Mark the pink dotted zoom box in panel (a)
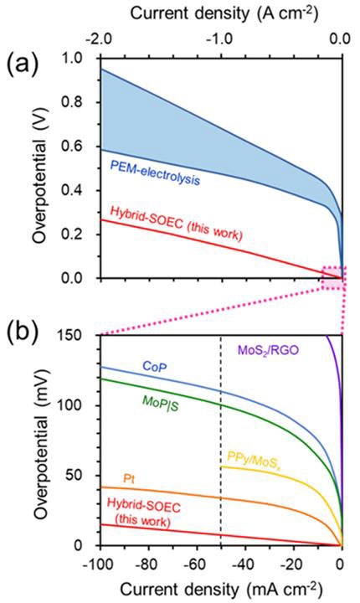[334, 277]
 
